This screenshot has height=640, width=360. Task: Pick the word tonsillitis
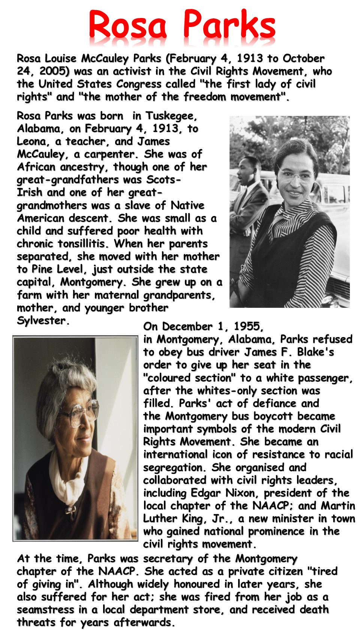pyautogui.click(x=82, y=244)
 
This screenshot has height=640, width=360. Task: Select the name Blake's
pyautogui.click(x=313, y=352)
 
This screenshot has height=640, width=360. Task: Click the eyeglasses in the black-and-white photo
pyautogui.click(x=295, y=175)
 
